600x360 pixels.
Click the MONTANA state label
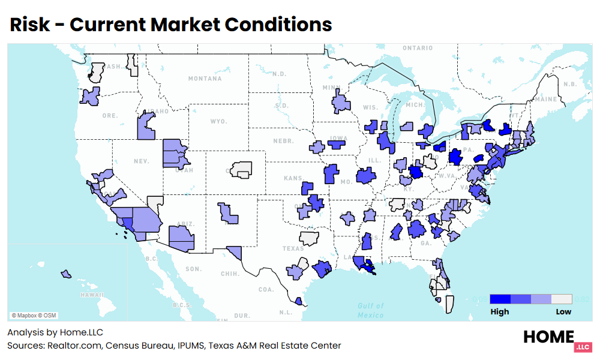[205, 79]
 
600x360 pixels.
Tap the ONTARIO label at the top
[418, 48]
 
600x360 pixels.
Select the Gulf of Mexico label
[370, 310]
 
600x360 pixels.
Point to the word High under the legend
[499, 311]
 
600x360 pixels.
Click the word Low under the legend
[563, 311]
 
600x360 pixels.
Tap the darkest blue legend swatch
[500, 299]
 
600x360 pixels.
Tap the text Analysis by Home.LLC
[51, 332]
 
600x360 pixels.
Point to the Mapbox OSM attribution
[34, 315]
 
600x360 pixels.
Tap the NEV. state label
[141, 161]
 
